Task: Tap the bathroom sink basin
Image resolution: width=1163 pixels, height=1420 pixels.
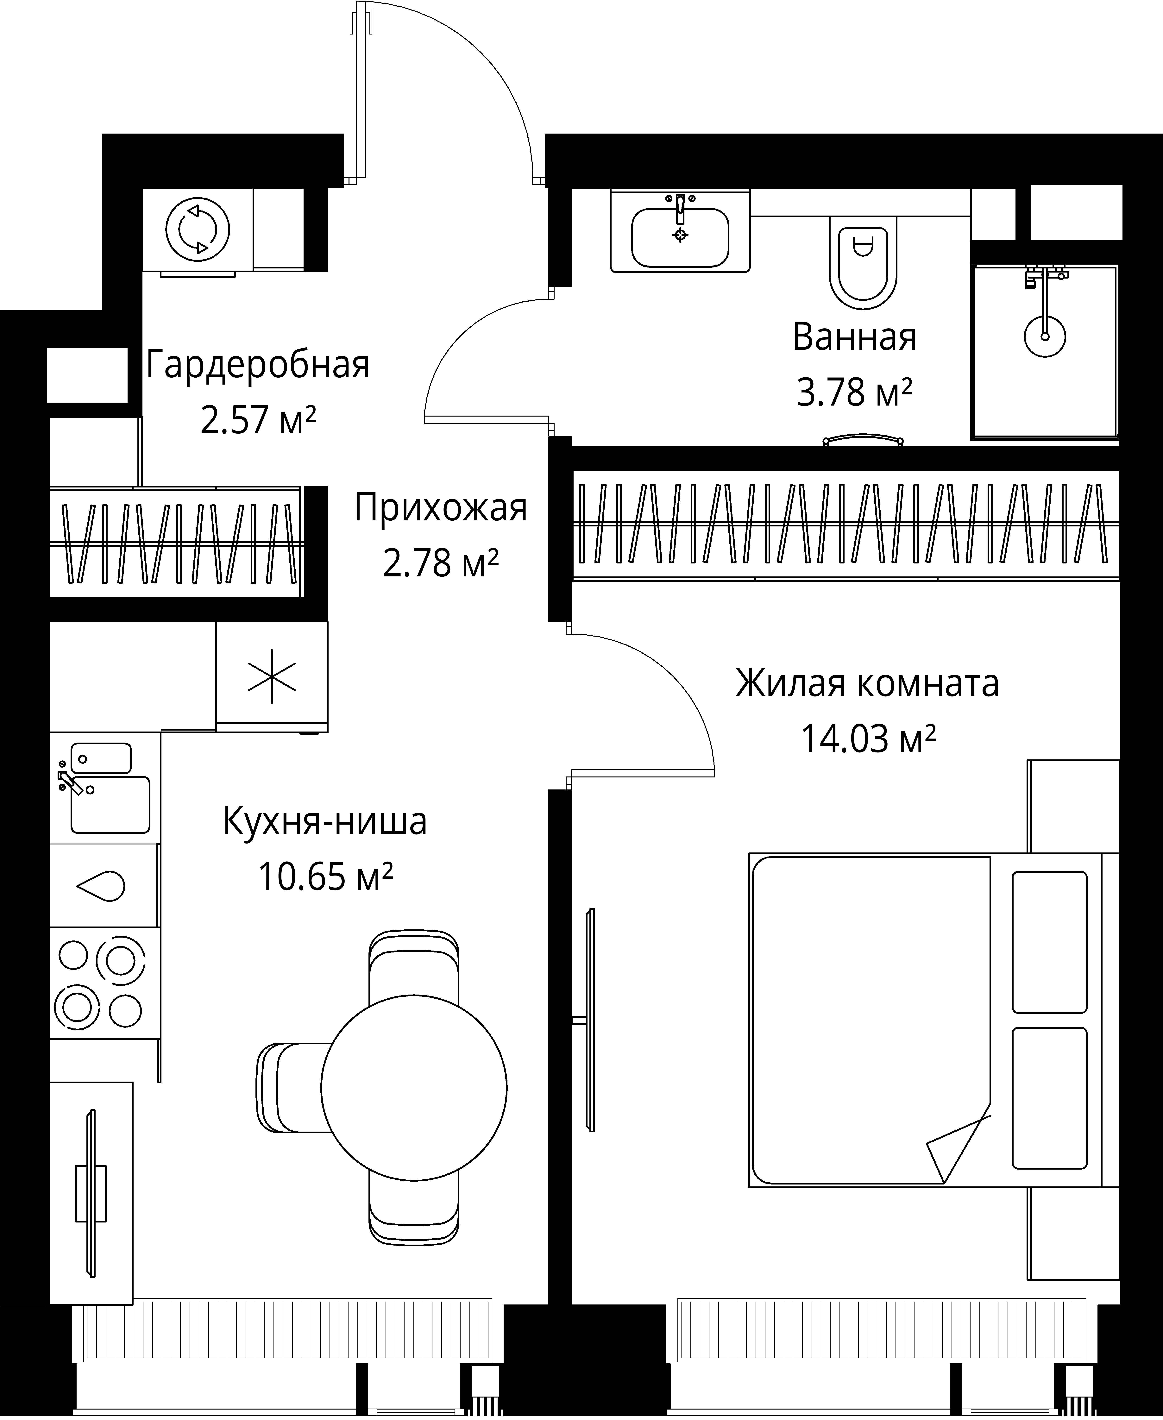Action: coord(680,238)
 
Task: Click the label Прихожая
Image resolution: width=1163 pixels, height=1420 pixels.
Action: coord(440,508)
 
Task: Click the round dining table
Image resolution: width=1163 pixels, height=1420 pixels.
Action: coord(413,1086)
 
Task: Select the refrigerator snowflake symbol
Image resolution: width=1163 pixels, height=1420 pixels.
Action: coord(271,676)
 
